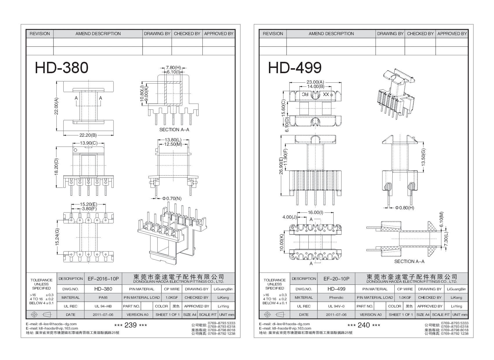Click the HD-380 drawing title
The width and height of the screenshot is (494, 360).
tap(62, 68)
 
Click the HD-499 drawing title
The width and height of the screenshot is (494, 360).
tap(294, 68)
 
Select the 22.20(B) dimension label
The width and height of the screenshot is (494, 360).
tap(88, 135)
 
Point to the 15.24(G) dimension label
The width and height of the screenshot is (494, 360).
tap(57, 237)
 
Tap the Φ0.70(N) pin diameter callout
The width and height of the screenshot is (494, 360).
tap(172, 199)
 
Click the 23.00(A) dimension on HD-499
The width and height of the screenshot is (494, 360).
tap(315, 82)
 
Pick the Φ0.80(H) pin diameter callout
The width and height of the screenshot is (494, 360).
tap(404, 208)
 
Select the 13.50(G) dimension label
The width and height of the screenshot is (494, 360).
tap(423, 157)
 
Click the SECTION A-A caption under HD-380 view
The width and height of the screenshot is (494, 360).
tap(174, 130)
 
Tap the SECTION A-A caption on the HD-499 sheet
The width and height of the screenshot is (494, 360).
tap(409, 262)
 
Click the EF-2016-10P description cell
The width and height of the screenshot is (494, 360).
tap(103, 279)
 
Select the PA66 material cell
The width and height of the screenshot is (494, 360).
tap(103, 298)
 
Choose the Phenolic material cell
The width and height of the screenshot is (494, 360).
tap(336, 298)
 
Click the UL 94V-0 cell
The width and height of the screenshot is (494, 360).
tap(336, 306)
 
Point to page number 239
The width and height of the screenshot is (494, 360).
tap(130, 325)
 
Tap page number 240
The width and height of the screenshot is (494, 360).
tap(364, 325)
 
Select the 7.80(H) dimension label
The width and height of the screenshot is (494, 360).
tap(173, 67)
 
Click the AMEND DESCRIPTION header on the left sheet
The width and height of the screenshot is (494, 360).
tap(98, 34)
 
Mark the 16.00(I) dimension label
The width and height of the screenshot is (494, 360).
tap(315, 213)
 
